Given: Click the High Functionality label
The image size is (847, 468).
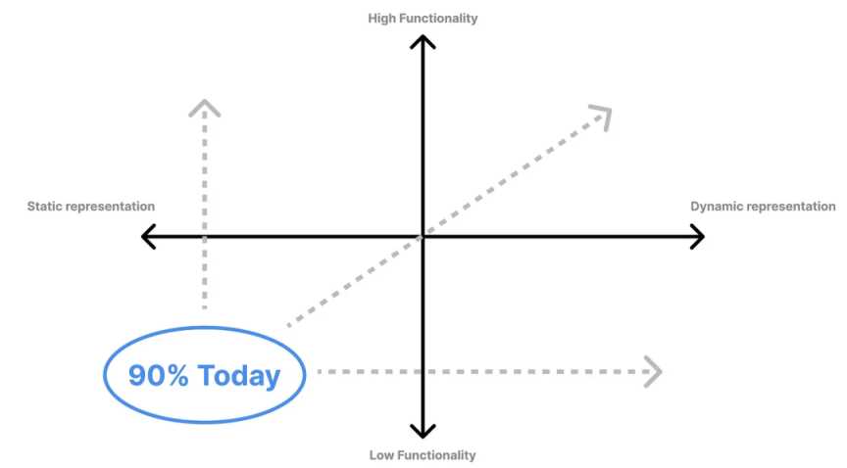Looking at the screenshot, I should tap(423, 18).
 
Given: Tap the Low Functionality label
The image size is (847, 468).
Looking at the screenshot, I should tap(423, 454).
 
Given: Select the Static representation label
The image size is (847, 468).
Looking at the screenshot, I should tap(90, 207).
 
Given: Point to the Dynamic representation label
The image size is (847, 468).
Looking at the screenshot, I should tap(763, 207).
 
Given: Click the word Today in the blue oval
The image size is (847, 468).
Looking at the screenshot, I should tap(238, 375).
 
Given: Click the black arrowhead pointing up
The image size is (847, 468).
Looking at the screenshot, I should tap(423, 41).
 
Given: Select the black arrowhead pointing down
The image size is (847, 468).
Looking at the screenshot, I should tap(423, 431).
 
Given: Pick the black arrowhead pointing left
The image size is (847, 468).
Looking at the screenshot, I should tap(149, 236).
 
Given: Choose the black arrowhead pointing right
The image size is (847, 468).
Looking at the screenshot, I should tap(697, 236).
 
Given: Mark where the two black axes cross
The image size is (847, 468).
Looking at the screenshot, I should tap(423, 236).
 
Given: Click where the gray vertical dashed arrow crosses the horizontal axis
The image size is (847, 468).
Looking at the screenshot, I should tap(204, 236).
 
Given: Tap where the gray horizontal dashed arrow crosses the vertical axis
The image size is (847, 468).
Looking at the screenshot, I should tap(423, 372).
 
